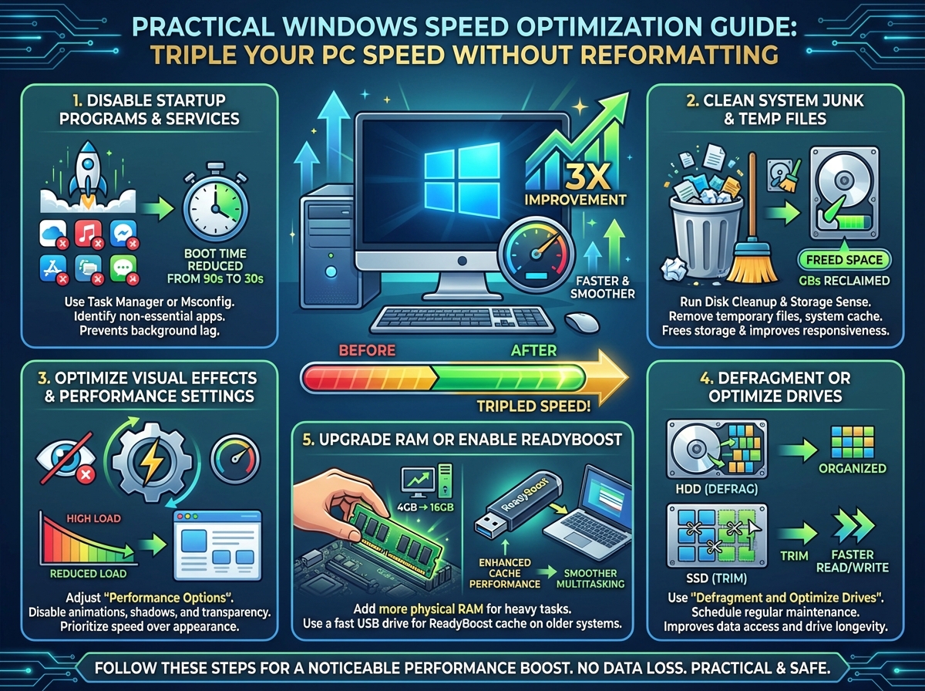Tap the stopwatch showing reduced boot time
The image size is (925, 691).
215,204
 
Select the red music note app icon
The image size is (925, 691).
89,233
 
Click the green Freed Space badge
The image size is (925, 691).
844,260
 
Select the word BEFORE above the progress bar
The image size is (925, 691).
367,350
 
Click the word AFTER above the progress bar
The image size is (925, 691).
534,350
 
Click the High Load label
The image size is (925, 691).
93,518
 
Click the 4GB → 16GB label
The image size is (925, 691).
425,507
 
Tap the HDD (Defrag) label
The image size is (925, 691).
717,489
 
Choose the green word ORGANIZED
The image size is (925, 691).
853,468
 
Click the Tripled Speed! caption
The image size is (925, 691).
533,406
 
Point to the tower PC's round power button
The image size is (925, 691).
331,271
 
